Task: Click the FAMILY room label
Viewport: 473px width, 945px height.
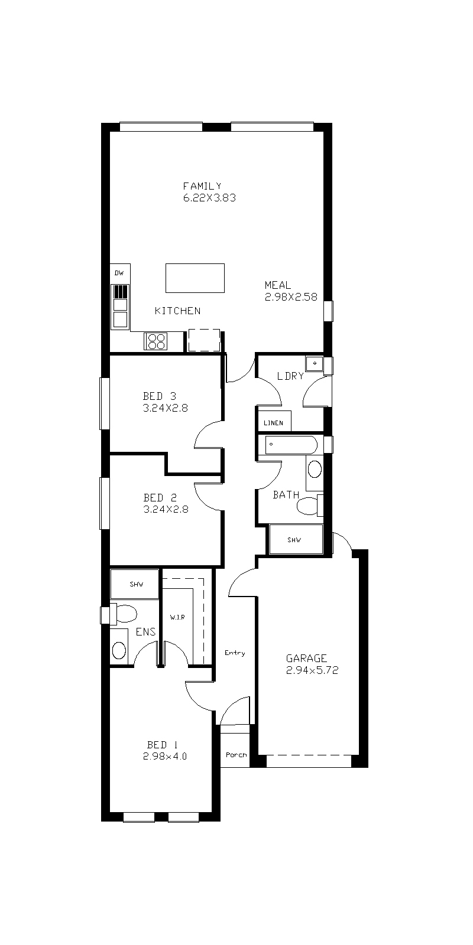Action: [x=202, y=186]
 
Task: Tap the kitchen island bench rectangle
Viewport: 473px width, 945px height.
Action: [x=195, y=278]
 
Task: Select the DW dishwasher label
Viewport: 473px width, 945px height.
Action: [x=119, y=273]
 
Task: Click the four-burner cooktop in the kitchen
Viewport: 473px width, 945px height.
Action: [x=156, y=341]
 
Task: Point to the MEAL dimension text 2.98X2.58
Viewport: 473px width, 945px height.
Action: [x=291, y=297]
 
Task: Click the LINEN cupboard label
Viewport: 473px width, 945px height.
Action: [x=273, y=423]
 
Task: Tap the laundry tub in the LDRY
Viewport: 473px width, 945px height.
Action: [x=314, y=364]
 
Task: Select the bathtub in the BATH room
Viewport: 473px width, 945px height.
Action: [x=291, y=445]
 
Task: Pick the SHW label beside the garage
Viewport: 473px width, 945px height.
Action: [x=294, y=540]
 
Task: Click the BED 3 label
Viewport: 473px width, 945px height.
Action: [x=159, y=396]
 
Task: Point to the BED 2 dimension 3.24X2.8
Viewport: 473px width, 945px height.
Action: [x=166, y=509]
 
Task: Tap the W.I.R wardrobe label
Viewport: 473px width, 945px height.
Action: [x=177, y=617]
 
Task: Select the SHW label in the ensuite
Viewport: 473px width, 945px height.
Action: [x=137, y=584]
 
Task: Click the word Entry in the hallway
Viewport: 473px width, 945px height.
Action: [x=235, y=653]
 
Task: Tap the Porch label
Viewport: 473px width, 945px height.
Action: [x=236, y=755]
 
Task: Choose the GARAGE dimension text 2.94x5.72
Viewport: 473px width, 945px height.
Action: [x=312, y=670]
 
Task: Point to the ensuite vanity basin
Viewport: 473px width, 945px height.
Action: [x=119, y=650]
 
